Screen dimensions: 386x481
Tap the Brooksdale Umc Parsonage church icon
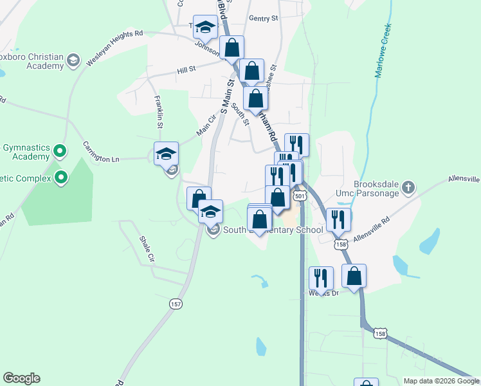pyautogui.click(x=408, y=188)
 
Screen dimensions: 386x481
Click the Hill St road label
pyautogui.click(x=186, y=68)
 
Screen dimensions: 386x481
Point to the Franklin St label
pyautogui.click(x=158, y=110)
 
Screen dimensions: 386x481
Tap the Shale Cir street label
pyautogui.click(x=147, y=248)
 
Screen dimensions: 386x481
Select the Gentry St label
pyautogui.click(x=263, y=19)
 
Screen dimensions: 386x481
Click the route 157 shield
pyautogui.click(x=175, y=303)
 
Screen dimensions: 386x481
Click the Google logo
pyautogui.click(x=21, y=378)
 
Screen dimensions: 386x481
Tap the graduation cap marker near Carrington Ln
pyautogui.click(x=166, y=154)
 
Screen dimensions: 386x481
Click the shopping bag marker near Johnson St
pyautogui.click(x=231, y=48)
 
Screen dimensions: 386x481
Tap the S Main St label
pyautogui.click(x=225, y=95)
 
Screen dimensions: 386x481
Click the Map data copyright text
pyautogui.click(x=440, y=381)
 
